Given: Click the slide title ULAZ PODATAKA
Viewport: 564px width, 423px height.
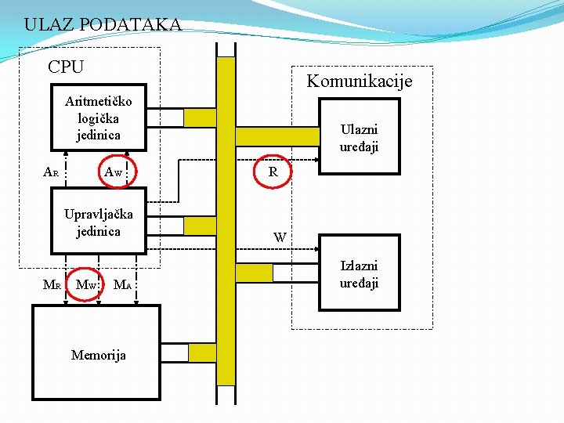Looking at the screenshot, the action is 102,24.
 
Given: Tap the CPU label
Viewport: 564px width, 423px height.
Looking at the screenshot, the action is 66,67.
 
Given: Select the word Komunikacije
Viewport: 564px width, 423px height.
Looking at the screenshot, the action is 359,81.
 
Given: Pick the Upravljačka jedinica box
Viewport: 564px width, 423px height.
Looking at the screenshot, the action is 98,222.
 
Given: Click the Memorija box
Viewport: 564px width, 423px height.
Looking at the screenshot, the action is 96,354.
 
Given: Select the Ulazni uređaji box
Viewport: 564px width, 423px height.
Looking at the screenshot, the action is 358,138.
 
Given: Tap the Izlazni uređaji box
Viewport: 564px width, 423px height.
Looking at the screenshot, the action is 358,274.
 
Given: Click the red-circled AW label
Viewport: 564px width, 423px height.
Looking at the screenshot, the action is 115,170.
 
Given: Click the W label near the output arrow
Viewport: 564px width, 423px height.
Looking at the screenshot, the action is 280,237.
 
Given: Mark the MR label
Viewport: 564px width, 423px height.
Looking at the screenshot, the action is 51,284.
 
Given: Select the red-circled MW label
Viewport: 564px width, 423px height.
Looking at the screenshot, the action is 87,284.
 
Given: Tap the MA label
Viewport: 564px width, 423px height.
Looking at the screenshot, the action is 122,284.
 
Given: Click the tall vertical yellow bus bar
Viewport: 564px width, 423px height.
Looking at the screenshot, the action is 226,219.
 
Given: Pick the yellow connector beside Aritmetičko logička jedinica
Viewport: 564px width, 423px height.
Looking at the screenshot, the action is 200,117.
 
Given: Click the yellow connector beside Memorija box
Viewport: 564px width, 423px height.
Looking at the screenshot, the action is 202,352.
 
